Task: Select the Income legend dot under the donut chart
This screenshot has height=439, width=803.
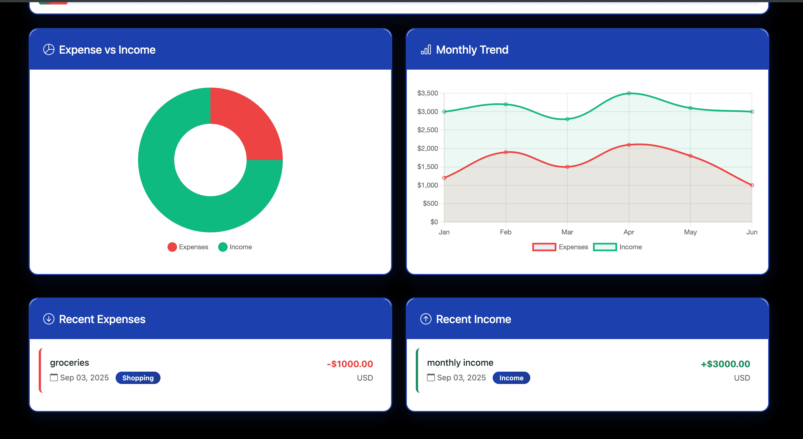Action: pos(222,247)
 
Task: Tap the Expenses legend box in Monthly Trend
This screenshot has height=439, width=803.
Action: pos(544,247)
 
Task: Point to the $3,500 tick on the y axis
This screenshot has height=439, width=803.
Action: pos(427,93)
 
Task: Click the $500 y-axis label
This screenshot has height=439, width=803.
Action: pos(430,204)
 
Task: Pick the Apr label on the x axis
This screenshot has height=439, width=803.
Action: pos(628,232)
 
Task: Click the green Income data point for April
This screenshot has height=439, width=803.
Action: pos(629,93)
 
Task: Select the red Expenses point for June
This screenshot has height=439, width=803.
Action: pos(752,185)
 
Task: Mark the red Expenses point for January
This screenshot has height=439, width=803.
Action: pos(444,178)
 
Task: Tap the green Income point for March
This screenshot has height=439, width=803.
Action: pos(567,119)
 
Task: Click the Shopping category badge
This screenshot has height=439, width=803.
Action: pos(138,378)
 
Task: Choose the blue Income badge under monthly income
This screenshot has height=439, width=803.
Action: pos(511,378)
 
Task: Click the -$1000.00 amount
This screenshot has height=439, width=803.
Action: pos(350,364)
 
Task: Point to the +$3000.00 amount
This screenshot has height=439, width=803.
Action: pos(725,364)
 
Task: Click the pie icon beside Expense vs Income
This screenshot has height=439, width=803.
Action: pos(49,50)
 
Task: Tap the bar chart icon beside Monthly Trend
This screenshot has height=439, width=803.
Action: pos(426,50)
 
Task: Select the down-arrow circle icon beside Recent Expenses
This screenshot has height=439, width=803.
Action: pos(49,319)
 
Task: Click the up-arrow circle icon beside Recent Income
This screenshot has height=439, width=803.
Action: pos(426,319)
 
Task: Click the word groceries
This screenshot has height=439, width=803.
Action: pos(69,363)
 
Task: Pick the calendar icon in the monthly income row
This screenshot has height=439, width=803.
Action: pos(430,377)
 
